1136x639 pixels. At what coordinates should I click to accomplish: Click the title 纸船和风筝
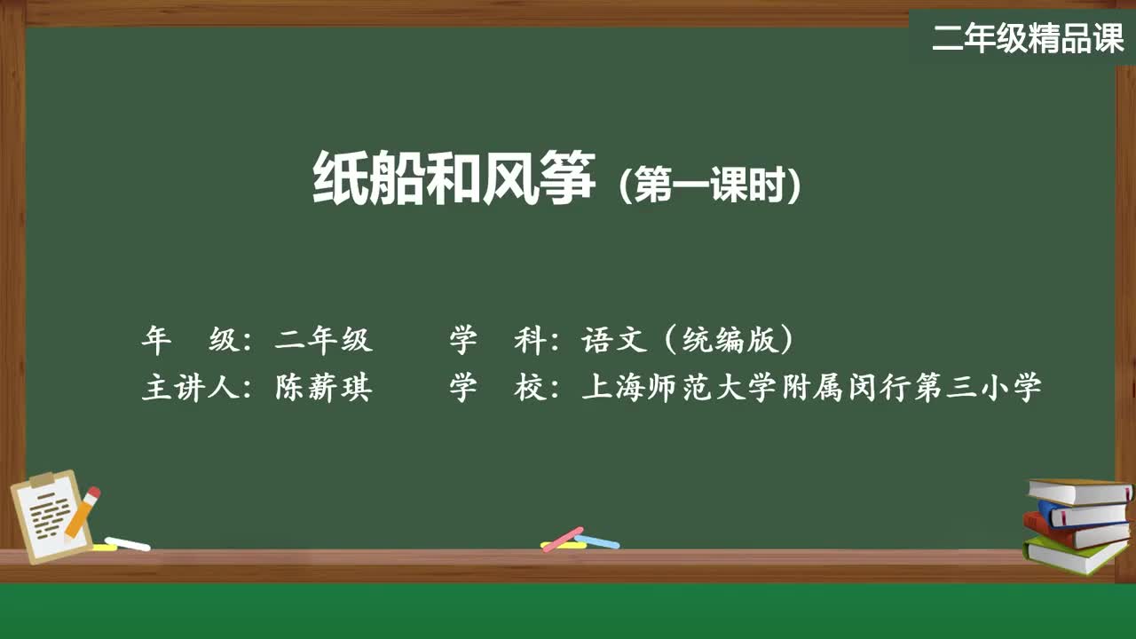click(454, 178)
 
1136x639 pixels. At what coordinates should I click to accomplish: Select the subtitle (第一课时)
click(710, 184)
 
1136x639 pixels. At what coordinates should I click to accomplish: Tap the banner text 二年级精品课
click(1029, 38)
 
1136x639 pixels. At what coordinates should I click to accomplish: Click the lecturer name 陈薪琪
click(324, 388)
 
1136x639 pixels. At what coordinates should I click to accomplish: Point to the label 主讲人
click(190, 388)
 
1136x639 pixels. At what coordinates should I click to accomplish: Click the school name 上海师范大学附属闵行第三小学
click(811, 388)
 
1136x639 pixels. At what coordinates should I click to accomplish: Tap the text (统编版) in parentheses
click(730, 339)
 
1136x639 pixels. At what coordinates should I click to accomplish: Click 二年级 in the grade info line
click(324, 339)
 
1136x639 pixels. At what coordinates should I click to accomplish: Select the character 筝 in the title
click(567, 178)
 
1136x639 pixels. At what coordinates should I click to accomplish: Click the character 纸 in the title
click(340, 178)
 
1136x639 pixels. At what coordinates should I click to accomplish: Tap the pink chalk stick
click(563, 539)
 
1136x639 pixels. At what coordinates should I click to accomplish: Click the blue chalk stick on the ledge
click(597, 541)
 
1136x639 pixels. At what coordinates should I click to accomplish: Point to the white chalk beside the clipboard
click(127, 544)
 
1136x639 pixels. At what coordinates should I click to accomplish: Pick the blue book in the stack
click(1083, 513)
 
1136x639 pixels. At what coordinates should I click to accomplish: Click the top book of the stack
click(1080, 492)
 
